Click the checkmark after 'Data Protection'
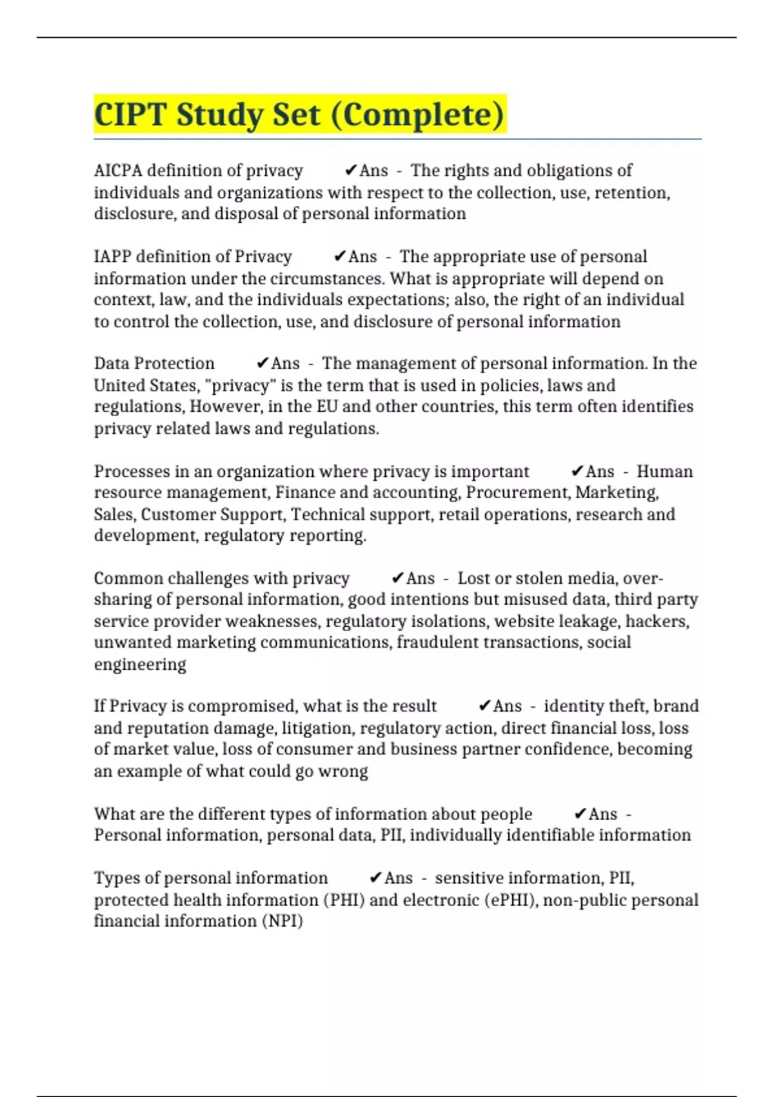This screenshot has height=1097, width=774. point(262,363)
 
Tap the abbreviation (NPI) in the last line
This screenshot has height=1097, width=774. point(283,921)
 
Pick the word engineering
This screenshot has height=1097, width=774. point(140,665)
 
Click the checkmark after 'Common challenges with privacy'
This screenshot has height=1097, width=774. point(397,578)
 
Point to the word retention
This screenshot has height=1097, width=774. point(631,193)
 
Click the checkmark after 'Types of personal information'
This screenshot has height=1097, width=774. point(375,878)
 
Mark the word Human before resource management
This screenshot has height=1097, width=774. point(664,472)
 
